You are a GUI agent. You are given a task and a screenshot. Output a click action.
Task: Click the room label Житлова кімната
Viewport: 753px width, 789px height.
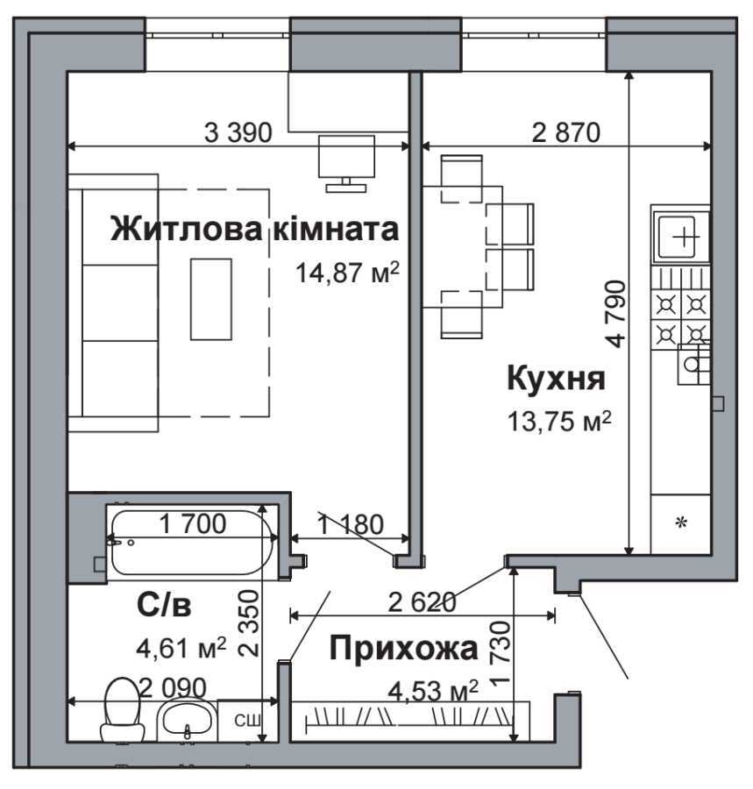[254, 229]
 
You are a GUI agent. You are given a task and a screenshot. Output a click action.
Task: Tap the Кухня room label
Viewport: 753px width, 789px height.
[557, 379]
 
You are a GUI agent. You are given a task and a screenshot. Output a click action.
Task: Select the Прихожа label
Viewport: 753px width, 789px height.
[403, 648]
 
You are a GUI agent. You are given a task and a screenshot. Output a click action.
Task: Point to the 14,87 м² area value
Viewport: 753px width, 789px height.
[348, 273]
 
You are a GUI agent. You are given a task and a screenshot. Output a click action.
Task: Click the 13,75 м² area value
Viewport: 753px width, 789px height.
[559, 421]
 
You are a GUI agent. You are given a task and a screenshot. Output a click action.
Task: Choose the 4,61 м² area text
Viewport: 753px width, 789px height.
[181, 648]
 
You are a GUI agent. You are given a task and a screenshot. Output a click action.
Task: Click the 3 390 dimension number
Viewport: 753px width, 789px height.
[238, 132]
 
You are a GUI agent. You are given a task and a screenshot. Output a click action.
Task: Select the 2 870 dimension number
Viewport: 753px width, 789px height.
[566, 132]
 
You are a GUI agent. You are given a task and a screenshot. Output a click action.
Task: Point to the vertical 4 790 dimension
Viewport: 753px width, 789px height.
[616, 314]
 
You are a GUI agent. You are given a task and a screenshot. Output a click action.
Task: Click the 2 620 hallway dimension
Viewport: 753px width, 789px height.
[423, 601]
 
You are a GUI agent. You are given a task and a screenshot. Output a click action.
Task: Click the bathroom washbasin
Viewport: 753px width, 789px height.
[186, 721]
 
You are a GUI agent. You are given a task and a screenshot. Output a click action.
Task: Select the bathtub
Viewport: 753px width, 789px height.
[192, 543]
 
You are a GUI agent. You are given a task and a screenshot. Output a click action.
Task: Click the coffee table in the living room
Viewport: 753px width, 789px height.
[210, 300]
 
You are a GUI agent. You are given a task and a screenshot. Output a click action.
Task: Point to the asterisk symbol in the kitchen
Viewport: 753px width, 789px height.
[681, 522]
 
